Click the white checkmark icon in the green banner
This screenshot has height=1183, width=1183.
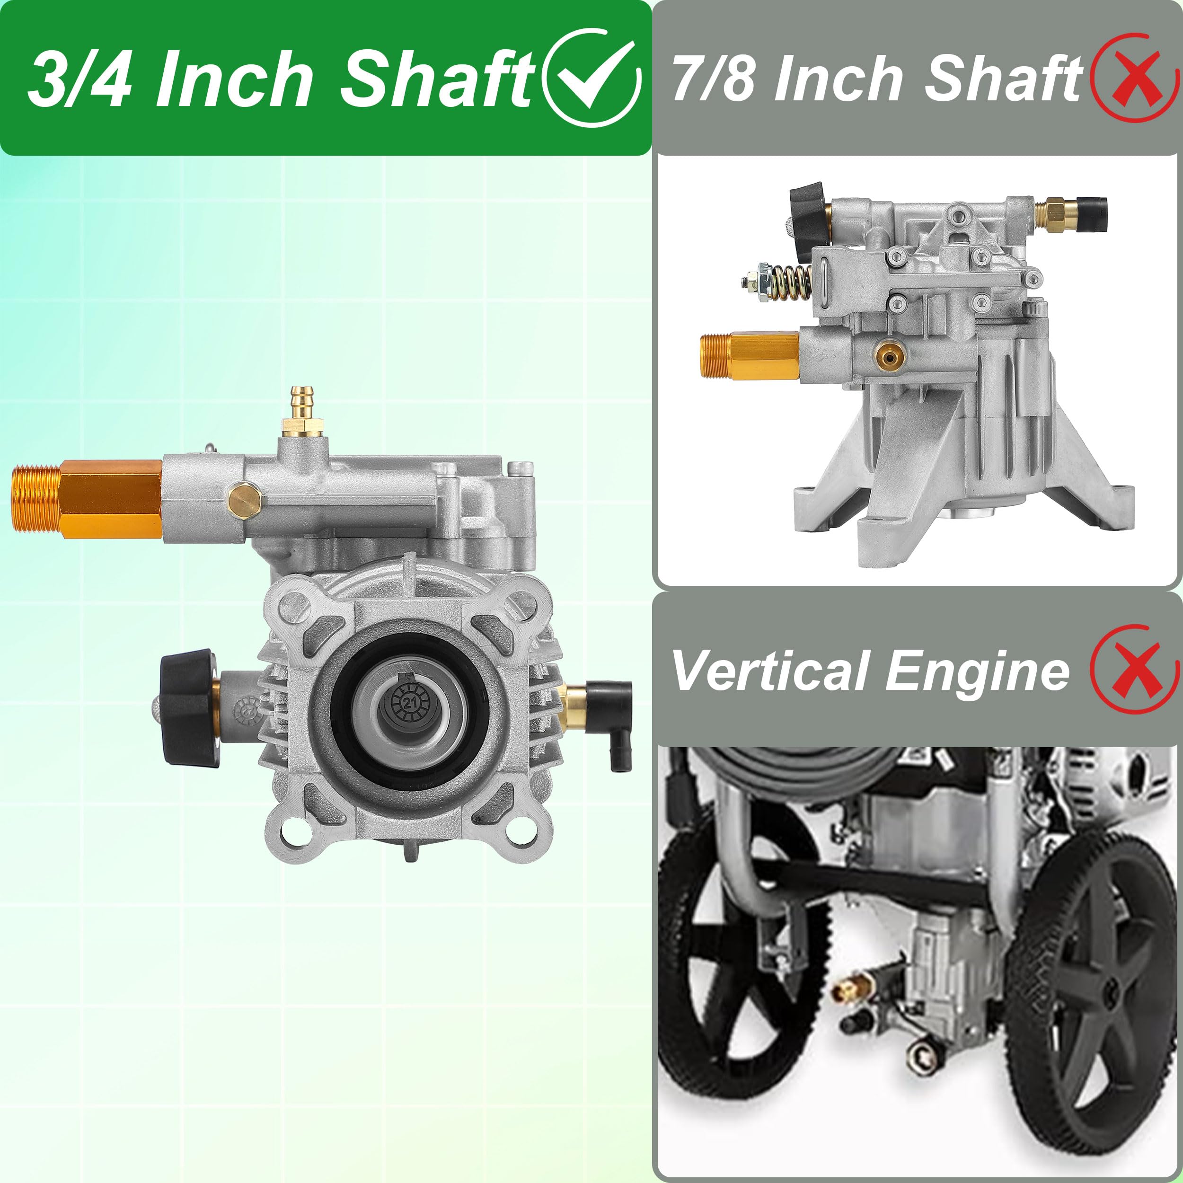pyautogui.click(x=591, y=77)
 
